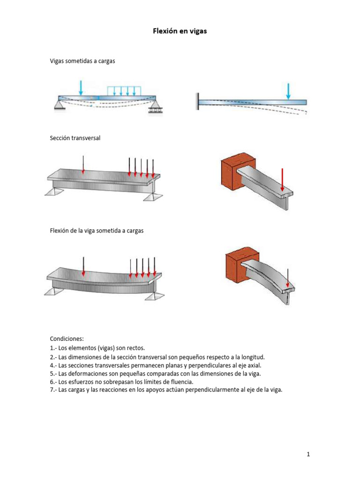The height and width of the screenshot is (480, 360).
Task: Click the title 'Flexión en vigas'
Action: pyautogui.click(x=180, y=31)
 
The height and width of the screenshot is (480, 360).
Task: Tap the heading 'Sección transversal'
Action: pyautogui.click(x=75, y=138)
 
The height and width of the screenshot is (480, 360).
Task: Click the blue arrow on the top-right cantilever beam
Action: pyautogui.click(x=288, y=91)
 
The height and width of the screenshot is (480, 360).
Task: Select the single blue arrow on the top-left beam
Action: pyautogui.click(x=81, y=87)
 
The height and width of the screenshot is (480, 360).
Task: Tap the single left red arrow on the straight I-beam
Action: pyautogui.click(x=83, y=164)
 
